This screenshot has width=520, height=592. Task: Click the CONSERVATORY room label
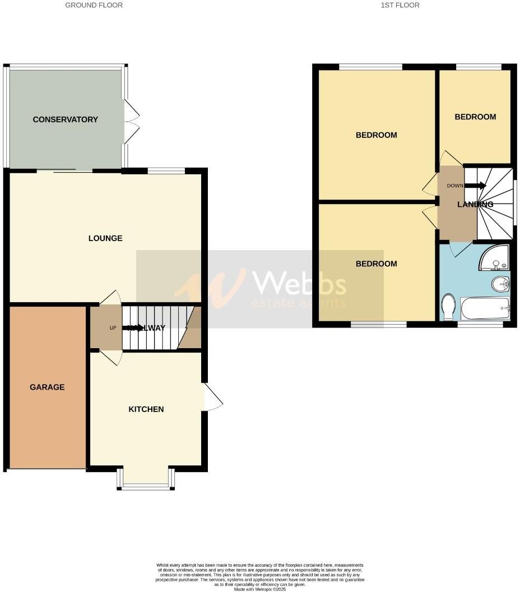pyautogui.click(x=65, y=119)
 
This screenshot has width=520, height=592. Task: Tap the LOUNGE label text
pyautogui.click(x=105, y=238)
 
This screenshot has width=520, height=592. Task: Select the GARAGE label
pyautogui.click(x=47, y=387)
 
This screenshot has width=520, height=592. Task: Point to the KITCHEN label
pyautogui.click(x=146, y=409)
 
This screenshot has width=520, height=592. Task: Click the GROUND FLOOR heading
pyautogui.click(x=94, y=5)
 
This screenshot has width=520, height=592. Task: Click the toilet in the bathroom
pyautogui.click(x=448, y=307)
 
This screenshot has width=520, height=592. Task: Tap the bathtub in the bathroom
pyautogui.click(x=485, y=308)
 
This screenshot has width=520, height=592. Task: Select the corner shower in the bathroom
pyautogui.click(x=495, y=257)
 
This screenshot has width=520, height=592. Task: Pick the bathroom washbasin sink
pyautogui.click(x=500, y=284)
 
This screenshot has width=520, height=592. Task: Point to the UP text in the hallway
pyautogui.click(x=113, y=328)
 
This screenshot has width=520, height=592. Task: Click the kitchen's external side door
pyautogui.click(x=212, y=397)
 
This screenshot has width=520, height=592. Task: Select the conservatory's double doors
pyautogui.click(x=131, y=122)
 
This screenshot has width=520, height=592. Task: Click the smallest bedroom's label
pyautogui.click(x=475, y=117)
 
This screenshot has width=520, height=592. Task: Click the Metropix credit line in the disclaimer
pyautogui.click(x=259, y=589)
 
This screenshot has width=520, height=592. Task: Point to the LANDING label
pyautogui.click(x=475, y=205)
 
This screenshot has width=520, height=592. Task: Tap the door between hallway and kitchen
pyautogui.click(x=110, y=357)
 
